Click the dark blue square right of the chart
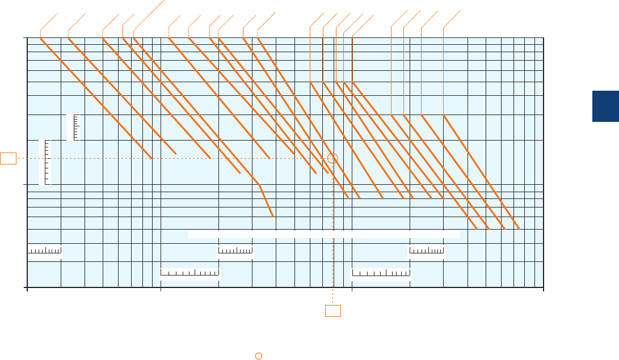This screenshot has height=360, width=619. tap(605, 106)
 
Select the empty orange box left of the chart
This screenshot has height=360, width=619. tap(8, 158)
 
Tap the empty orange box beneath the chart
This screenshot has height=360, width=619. tap(333, 311)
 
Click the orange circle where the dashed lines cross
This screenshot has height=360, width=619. tap(333, 159)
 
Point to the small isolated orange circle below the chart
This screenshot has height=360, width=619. tap(258, 355)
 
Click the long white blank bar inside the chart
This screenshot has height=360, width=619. tap(323, 234)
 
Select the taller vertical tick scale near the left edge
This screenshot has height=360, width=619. tap(45, 162)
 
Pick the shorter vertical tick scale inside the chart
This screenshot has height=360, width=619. tap(73, 127)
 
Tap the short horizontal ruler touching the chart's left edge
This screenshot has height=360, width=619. tap(45, 251)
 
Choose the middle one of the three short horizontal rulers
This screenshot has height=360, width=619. tap(235, 251)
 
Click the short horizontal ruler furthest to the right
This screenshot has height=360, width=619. tap(427, 251)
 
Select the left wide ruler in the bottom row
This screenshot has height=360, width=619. tap(190, 274)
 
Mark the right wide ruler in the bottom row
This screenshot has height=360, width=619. tap(381, 274)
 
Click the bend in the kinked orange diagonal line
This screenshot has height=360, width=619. tap(259, 184)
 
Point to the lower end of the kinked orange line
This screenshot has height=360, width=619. tap(273, 217)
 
